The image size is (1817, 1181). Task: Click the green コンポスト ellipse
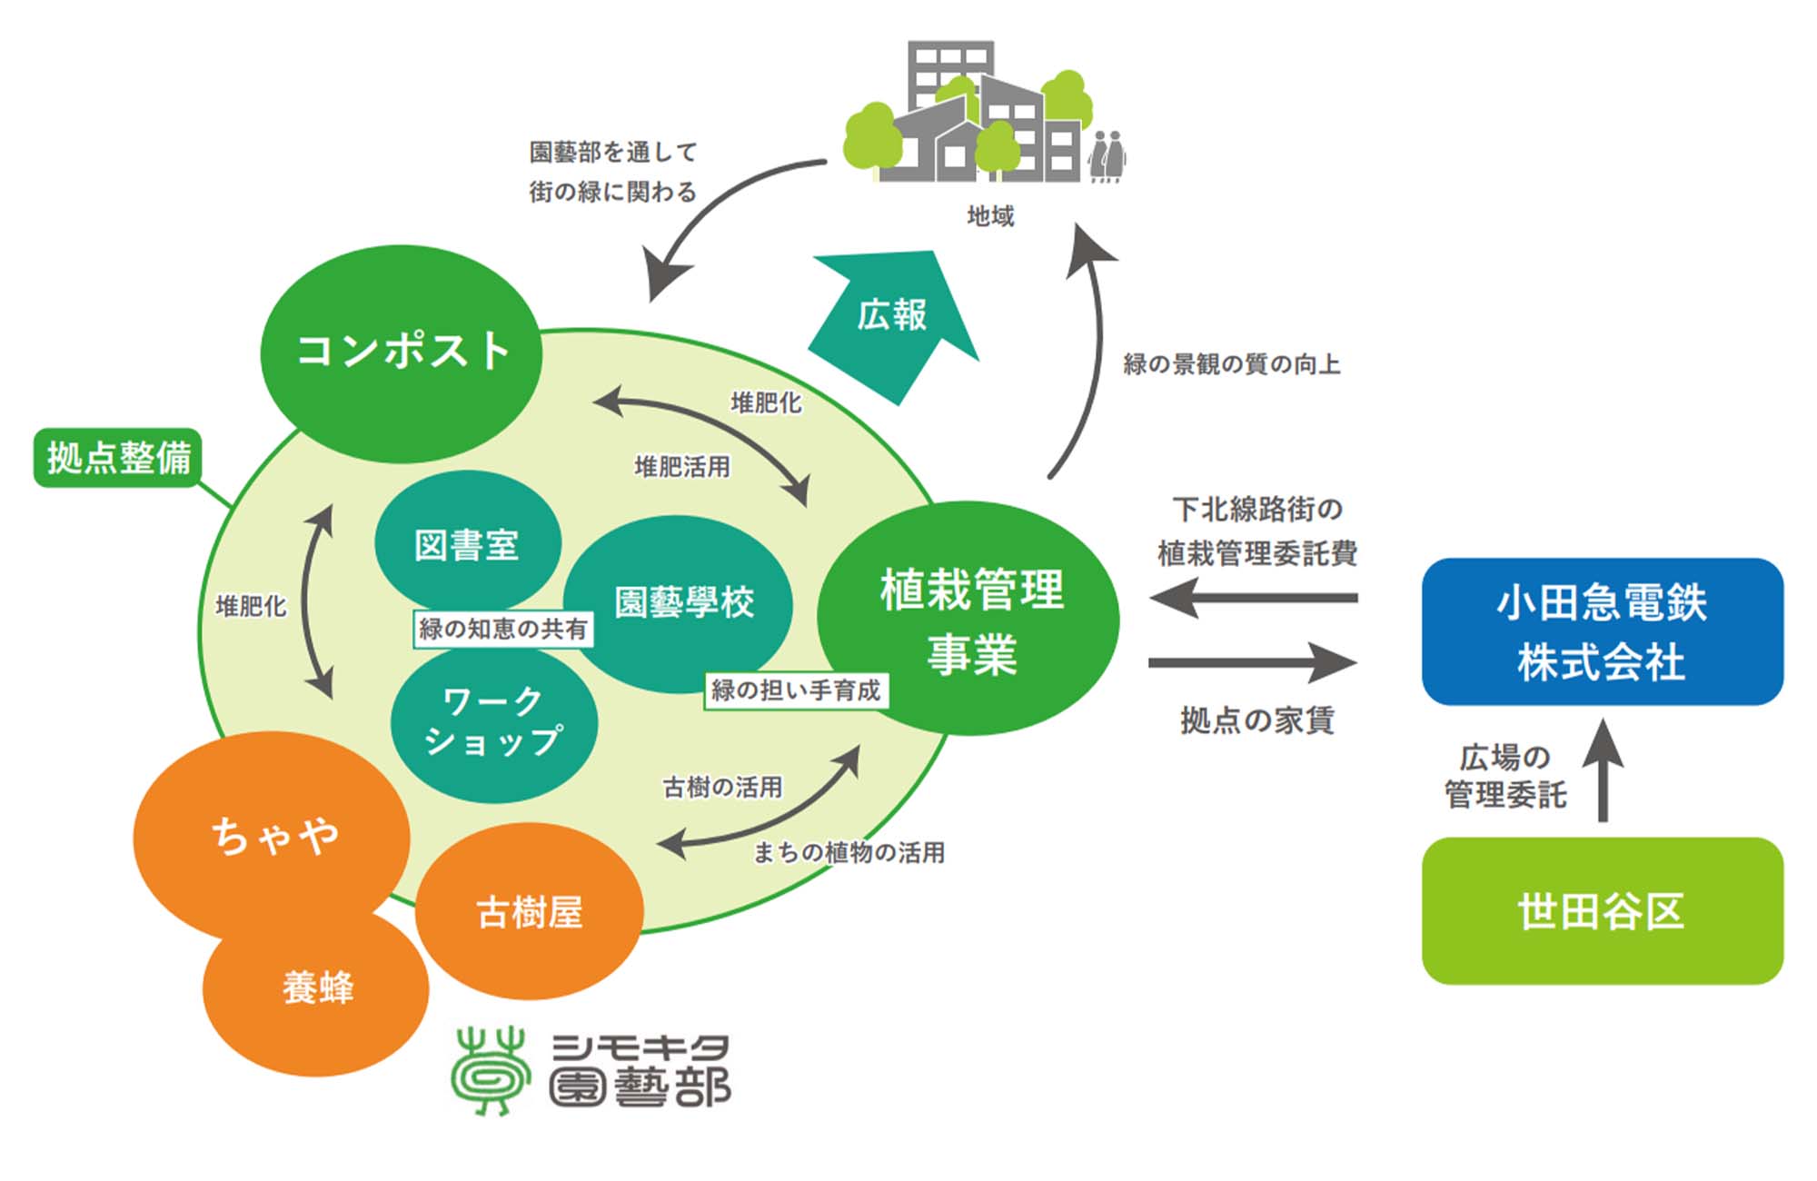tap(402, 352)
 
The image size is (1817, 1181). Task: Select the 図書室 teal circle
tap(467, 543)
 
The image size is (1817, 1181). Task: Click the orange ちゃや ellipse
tap(273, 834)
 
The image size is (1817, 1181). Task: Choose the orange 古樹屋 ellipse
tap(530, 911)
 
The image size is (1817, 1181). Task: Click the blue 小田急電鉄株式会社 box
tap(1602, 631)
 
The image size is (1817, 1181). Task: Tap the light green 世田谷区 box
tap(1602, 910)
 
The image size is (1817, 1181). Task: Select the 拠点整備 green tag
tap(118, 457)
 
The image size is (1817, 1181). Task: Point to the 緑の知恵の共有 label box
tap(502, 629)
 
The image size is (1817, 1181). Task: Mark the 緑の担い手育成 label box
tap(796, 690)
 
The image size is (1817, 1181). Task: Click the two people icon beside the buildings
tap(1107, 156)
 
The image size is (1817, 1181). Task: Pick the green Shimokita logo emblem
tap(491, 1070)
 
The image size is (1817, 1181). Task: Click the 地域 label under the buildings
tap(990, 216)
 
